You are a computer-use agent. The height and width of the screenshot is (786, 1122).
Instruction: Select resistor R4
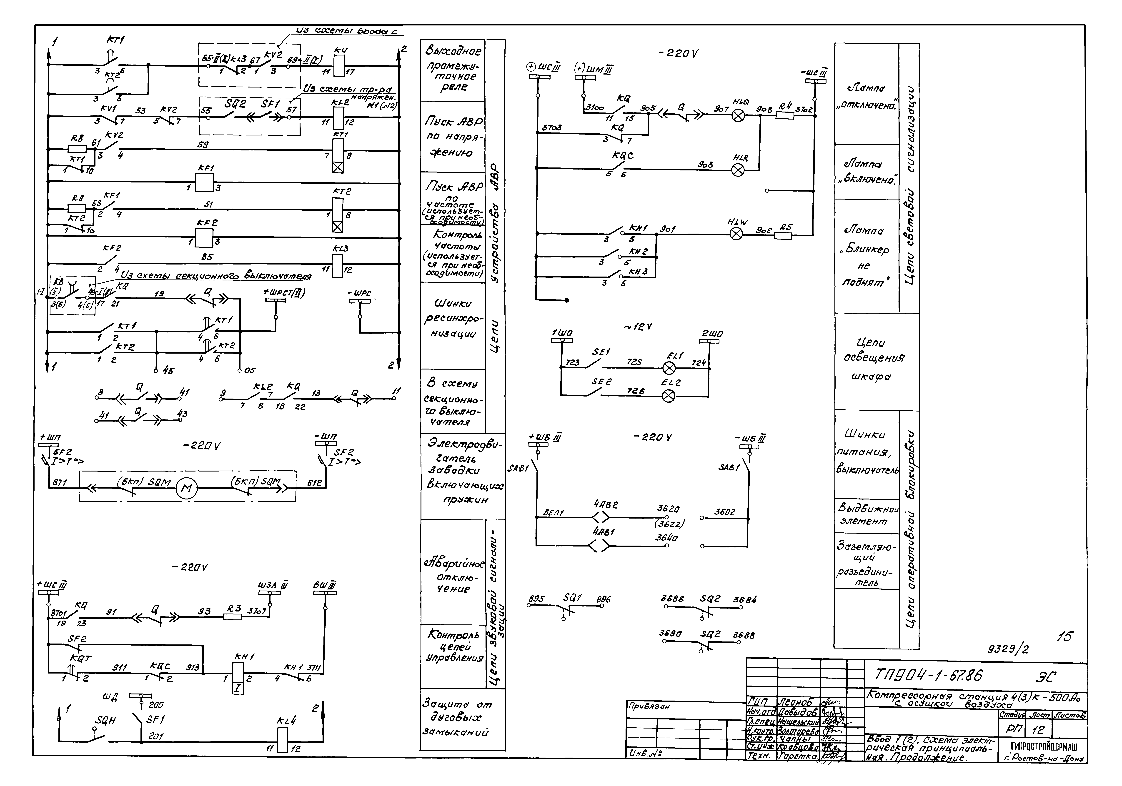pyautogui.click(x=785, y=116)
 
